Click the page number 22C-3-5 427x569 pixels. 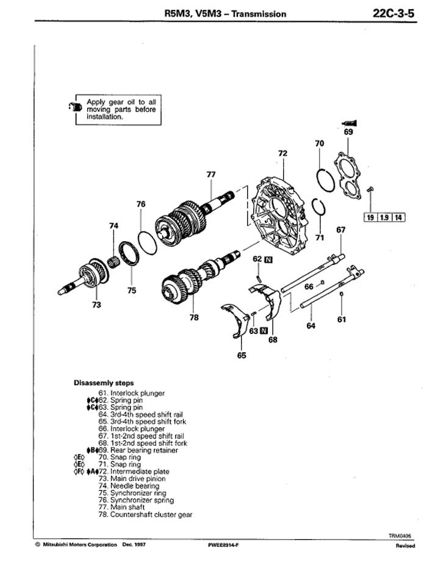click(x=393, y=13)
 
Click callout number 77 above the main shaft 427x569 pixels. click(x=211, y=175)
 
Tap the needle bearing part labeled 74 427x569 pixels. click(x=114, y=261)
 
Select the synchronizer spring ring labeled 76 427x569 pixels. click(x=147, y=243)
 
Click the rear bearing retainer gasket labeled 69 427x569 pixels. click(x=348, y=176)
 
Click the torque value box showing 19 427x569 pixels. click(x=370, y=218)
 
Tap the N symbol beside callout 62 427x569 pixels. click(x=269, y=259)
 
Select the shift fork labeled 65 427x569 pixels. click(x=236, y=319)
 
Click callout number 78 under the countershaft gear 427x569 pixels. click(x=195, y=317)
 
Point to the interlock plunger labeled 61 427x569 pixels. click(x=341, y=294)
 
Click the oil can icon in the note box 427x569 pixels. click(x=76, y=107)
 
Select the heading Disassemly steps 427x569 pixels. click(x=104, y=383)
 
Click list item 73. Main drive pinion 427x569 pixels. click(x=132, y=479)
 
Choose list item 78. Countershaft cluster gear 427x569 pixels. click(x=145, y=515)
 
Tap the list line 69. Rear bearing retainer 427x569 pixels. click(x=138, y=451)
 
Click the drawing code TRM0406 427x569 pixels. click(x=400, y=535)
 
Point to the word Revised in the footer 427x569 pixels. click(x=405, y=545)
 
